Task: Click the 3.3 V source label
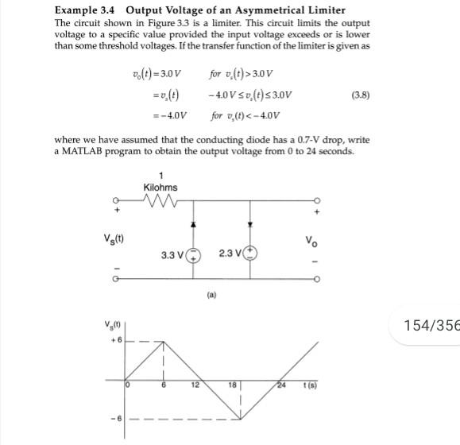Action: [173, 255]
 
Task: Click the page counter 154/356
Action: [431, 325]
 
